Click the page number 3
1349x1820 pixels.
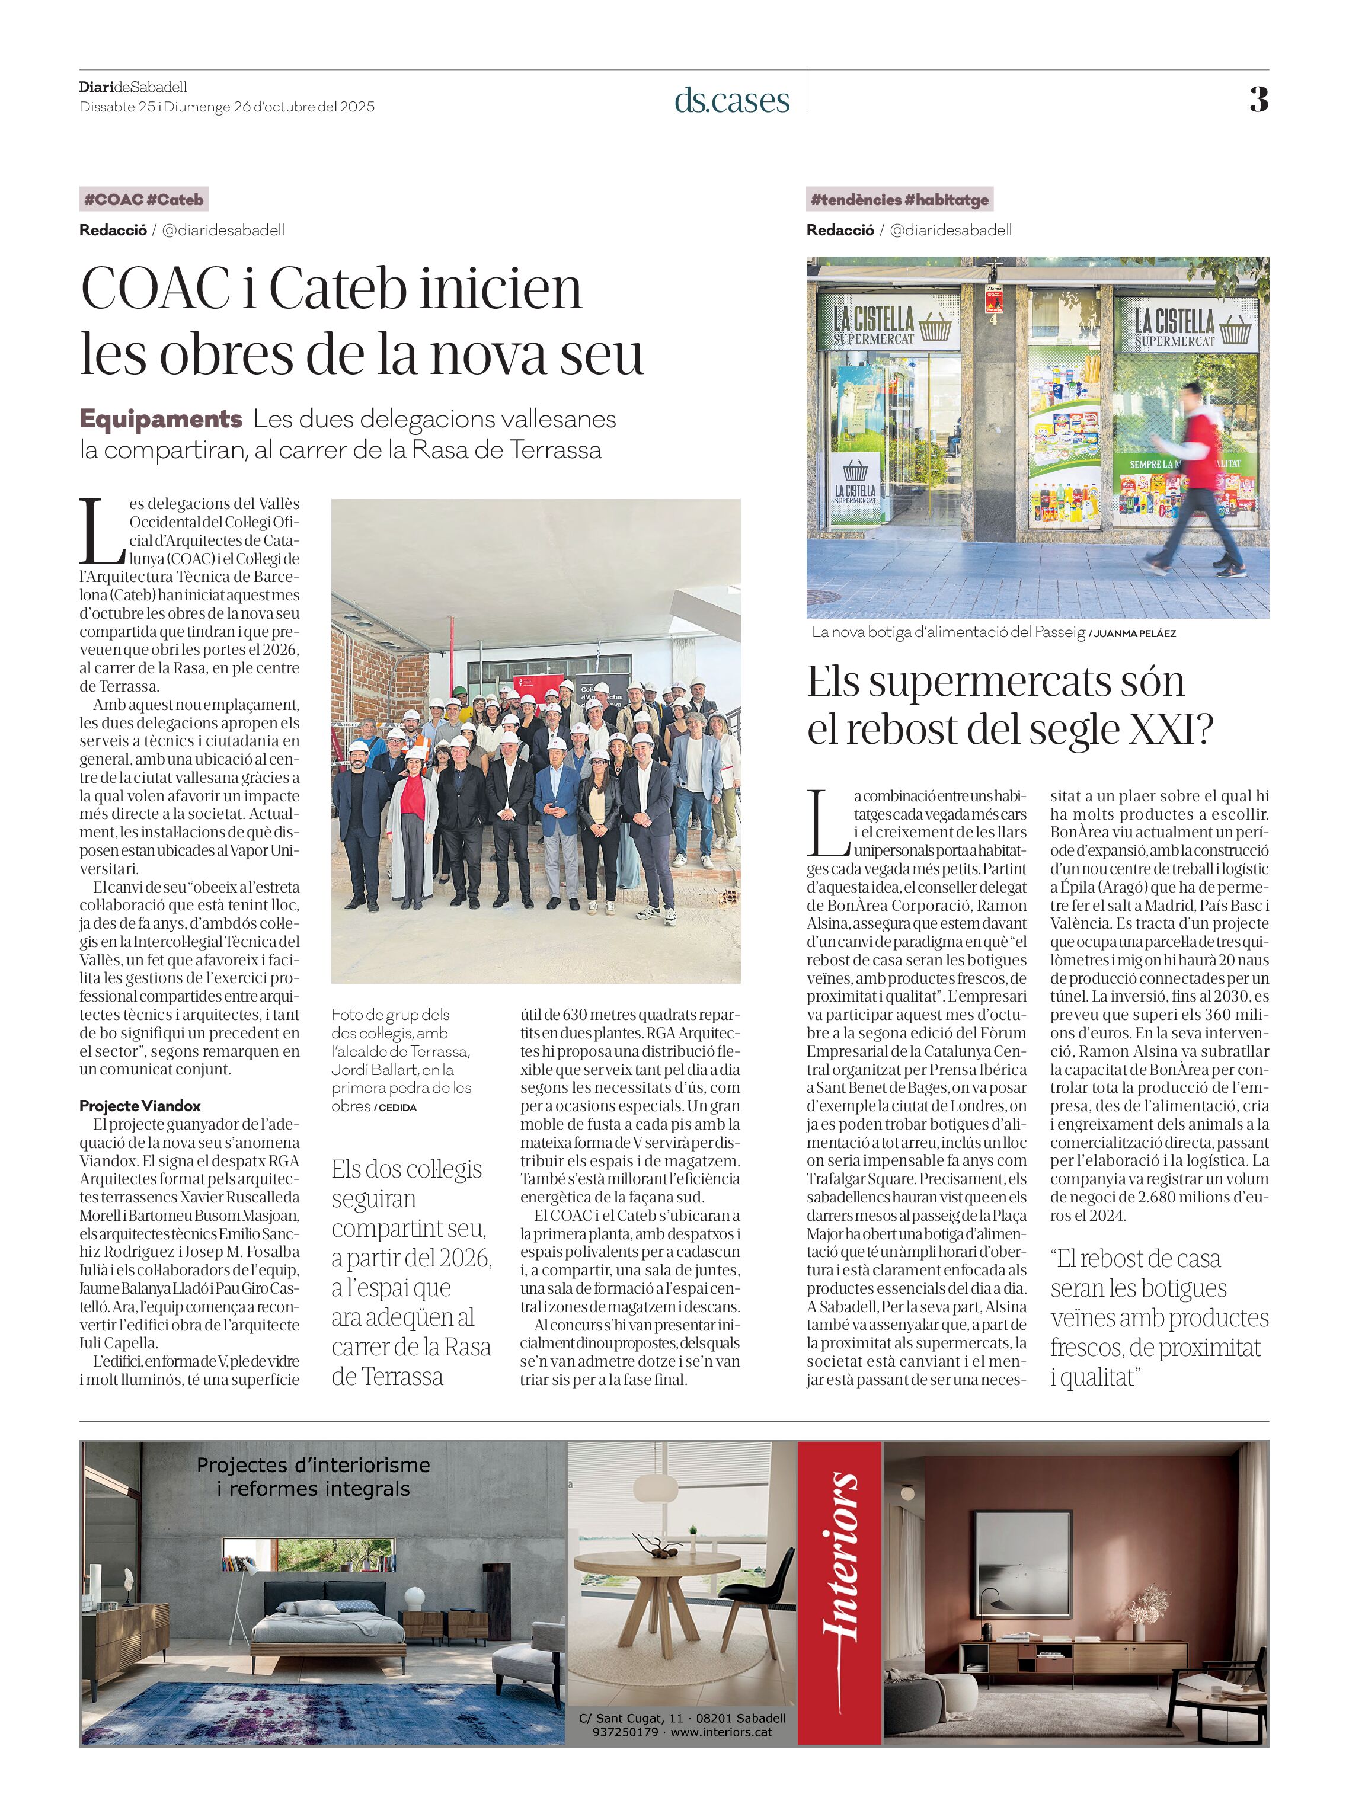click(x=1258, y=100)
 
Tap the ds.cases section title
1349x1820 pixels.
click(x=731, y=100)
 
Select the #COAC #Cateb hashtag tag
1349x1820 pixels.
click(x=143, y=199)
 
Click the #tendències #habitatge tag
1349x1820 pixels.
click(x=899, y=199)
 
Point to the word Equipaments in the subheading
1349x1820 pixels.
click(x=161, y=419)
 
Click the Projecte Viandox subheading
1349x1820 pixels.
click(x=140, y=1105)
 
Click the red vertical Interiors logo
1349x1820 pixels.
click(x=839, y=1593)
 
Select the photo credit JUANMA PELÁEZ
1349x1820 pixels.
click(x=1135, y=634)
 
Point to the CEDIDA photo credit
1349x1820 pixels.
click(x=398, y=1108)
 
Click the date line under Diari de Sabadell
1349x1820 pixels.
click(x=227, y=107)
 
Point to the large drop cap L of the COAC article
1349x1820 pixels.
click(x=101, y=532)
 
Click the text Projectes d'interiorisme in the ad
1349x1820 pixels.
click(x=313, y=1465)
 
